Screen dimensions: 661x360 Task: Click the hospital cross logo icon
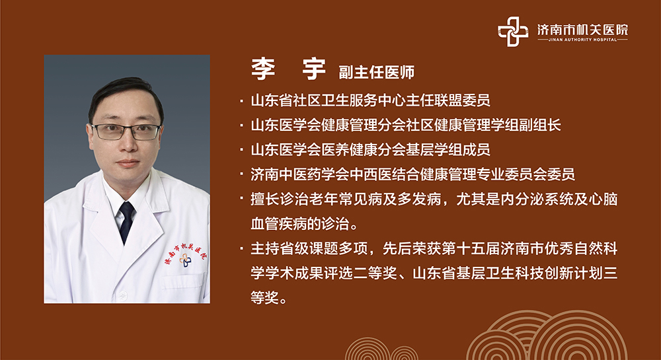[x=513, y=32]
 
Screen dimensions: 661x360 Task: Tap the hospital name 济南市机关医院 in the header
[x=582, y=30]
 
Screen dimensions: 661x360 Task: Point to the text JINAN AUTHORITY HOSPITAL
[x=582, y=40]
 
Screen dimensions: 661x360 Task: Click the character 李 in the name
[x=264, y=69]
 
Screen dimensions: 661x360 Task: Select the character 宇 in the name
[x=314, y=69]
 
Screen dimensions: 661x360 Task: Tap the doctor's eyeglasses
[x=126, y=131]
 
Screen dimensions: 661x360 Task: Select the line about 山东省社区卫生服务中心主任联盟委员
[x=371, y=100]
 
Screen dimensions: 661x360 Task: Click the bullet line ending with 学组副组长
[x=406, y=125]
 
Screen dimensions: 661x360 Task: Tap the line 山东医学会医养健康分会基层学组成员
[x=371, y=149]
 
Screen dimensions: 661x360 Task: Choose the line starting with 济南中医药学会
[x=412, y=174]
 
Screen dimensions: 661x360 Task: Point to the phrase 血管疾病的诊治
[x=299, y=224]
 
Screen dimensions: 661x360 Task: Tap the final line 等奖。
[x=268, y=298]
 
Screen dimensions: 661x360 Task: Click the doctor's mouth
[x=128, y=163]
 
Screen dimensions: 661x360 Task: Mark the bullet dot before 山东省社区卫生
[x=241, y=100]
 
